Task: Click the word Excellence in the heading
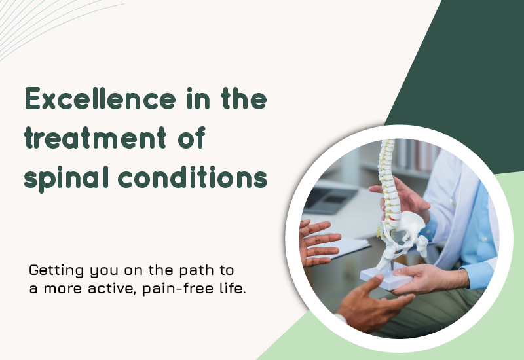100,99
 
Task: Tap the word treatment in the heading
95,137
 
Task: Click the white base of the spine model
385,276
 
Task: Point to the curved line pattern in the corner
50,24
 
